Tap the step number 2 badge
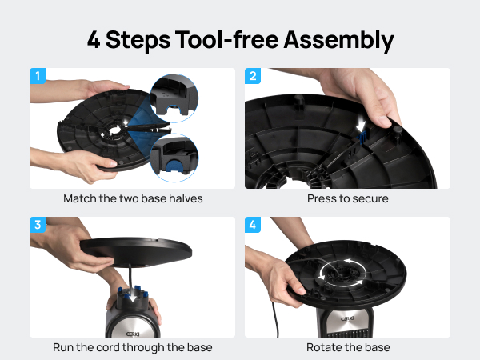253,77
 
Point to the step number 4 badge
253,226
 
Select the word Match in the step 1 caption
80,198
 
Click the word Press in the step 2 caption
322,198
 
